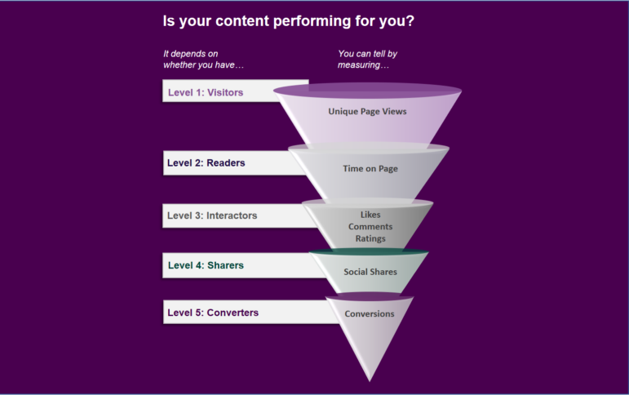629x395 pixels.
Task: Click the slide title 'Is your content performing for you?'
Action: click(289, 21)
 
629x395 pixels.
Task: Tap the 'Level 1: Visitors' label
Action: click(206, 92)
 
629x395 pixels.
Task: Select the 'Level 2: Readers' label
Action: click(206, 162)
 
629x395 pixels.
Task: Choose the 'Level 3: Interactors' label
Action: click(212, 215)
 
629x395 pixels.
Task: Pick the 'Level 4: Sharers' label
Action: click(206, 265)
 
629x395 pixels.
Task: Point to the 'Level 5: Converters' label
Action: click(213, 313)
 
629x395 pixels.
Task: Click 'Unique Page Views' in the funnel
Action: click(367, 111)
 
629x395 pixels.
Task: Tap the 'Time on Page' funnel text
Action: click(370, 169)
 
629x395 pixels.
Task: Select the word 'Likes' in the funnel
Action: click(370, 215)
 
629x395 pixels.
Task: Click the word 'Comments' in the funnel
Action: click(370, 226)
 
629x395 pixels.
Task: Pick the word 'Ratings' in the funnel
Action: click(370, 238)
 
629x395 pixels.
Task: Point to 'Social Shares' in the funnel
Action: click(370, 272)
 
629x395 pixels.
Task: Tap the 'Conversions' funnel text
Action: click(369, 314)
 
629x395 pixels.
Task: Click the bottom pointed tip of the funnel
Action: click(370, 381)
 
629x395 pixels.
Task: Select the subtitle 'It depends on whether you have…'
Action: click(203, 59)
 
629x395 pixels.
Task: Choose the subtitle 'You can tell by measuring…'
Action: click(367, 59)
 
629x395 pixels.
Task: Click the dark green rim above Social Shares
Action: click(369, 251)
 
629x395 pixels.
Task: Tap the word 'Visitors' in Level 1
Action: click(225, 92)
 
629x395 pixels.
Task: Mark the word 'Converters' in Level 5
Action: click(233, 313)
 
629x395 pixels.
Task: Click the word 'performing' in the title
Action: click(312, 21)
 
